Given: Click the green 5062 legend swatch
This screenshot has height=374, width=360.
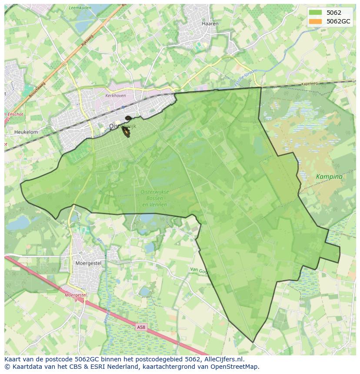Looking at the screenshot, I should pyautogui.click(x=315, y=13).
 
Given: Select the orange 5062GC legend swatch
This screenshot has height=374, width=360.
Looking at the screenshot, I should pyautogui.click(x=315, y=21).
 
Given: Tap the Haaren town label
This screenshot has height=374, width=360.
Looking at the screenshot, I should pyautogui.click(x=210, y=23).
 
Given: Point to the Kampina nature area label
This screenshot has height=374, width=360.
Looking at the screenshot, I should pyautogui.click(x=329, y=177).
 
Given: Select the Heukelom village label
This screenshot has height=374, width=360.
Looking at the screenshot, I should pyautogui.click(x=26, y=132).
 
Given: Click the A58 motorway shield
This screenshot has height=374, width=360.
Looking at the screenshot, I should pyautogui.click(x=140, y=327).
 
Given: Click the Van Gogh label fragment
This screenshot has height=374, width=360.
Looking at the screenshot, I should pyautogui.click(x=200, y=270).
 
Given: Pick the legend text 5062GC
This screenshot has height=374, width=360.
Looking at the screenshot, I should pyautogui.click(x=339, y=21).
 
